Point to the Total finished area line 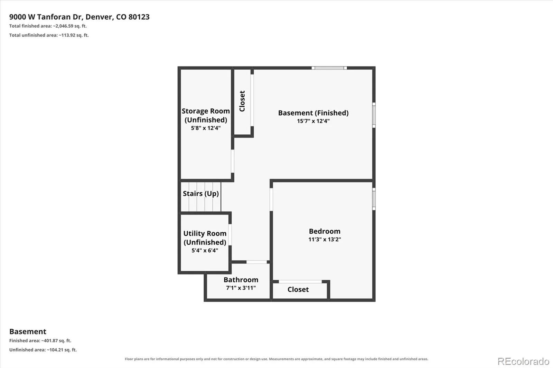coord(48,26)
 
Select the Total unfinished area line coord(49,35)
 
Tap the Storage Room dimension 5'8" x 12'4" coord(206,128)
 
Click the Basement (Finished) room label coord(313,113)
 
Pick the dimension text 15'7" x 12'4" coord(313,121)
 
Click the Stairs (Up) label coord(201,193)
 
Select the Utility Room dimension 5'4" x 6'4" coord(205,250)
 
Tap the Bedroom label coord(325,231)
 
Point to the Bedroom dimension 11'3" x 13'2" coord(325,239)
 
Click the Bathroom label coord(241,280)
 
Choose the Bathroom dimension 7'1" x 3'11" coord(241,288)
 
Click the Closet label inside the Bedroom coord(298,289)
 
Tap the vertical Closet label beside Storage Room coord(242,101)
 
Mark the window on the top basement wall coord(329,68)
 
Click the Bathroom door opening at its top coord(257,262)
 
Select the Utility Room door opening coord(230,235)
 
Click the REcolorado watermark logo coord(523,361)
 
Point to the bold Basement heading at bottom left coord(28,331)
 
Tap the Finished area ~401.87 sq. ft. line coord(40,341)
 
